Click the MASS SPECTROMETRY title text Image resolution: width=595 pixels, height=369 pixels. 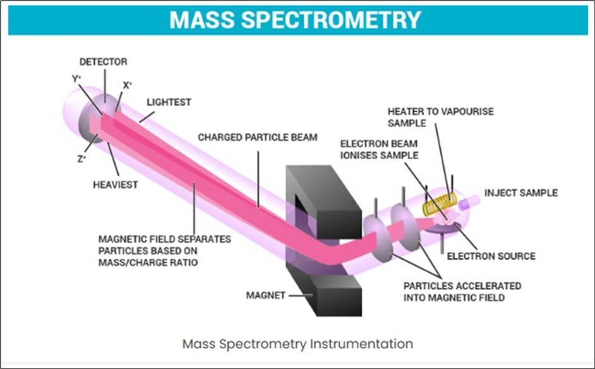pyautogui.click(x=296, y=20)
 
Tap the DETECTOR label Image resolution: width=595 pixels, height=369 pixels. pyautogui.click(x=104, y=62)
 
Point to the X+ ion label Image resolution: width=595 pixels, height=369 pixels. pyautogui.click(x=128, y=85)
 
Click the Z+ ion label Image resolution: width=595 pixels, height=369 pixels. pyautogui.click(x=81, y=159)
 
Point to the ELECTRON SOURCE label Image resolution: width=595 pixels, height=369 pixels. pyautogui.click(x=491, y=256)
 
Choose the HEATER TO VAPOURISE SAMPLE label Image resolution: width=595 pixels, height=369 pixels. pyautogui.click(x=441, y=117)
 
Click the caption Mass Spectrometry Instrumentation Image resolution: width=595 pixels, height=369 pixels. pyautogui.click(x=297, y=344)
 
